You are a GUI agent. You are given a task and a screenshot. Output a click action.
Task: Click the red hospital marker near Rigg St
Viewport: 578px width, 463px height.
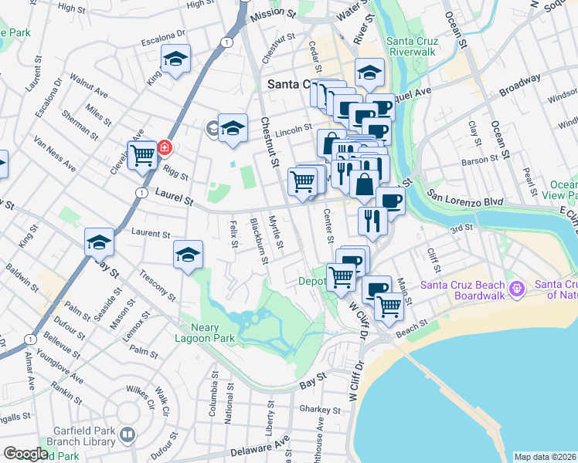click(164, 147)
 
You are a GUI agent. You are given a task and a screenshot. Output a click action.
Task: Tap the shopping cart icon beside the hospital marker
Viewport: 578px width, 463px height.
click(143, 155)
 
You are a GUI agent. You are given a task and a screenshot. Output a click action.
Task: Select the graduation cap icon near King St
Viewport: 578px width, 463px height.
click(175, 59)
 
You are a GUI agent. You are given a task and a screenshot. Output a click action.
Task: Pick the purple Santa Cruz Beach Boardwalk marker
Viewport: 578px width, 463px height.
click(517, 290)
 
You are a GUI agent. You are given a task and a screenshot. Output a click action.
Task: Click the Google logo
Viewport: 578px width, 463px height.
click(25, 454)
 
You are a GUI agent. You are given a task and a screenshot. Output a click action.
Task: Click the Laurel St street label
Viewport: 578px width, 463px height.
click(174, 198)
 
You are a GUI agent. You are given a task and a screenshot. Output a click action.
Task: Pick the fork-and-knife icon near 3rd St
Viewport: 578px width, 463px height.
click(372, 221)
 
